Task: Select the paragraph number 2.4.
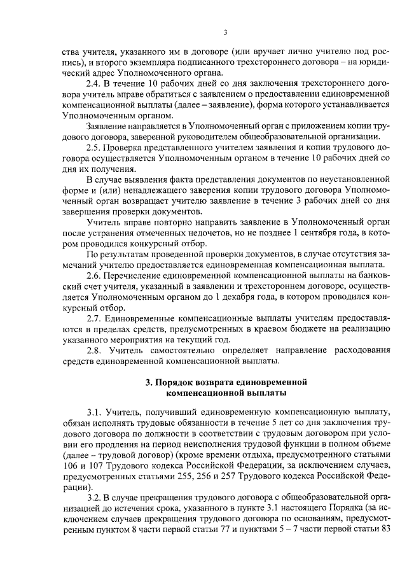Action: pyautogui.click(x=93, y=83)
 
